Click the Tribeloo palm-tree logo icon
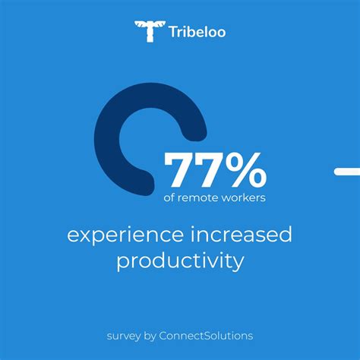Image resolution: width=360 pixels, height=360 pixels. pyautogui.click(x=149, y=31)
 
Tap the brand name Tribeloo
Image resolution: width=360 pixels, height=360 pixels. pyautogui.click(x=198, y=32)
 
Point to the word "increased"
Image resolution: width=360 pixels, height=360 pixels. pyautogui.click(x=239, y=235)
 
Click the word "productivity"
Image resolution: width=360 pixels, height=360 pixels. pyautogui.click(x=180, y=262)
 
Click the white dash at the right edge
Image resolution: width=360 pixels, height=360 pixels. pyautogui.click(x=347, y=171)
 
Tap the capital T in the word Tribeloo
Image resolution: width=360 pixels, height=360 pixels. pyautogui.click(x=174, y=32)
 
